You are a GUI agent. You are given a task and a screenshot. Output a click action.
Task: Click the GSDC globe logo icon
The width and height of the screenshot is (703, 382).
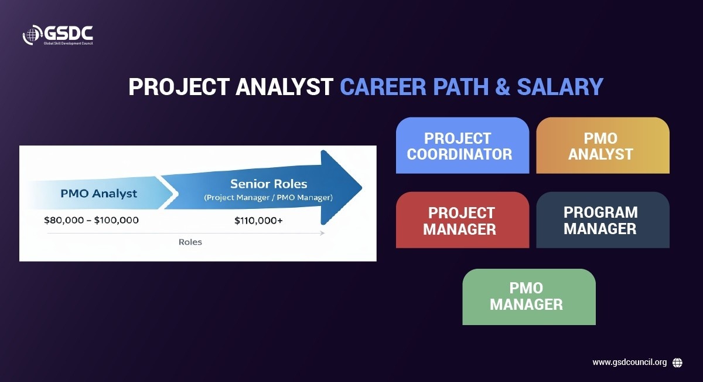click(32, 35)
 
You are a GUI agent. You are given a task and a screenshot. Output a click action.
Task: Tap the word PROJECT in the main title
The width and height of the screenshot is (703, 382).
click(179, 86)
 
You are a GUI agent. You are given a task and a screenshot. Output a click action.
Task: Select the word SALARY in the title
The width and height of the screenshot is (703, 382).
click(560, 86)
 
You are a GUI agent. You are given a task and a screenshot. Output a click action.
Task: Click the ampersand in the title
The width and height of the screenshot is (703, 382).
click(503, 86)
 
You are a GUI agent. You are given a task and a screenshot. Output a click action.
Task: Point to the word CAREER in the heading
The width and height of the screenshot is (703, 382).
click(383, 86)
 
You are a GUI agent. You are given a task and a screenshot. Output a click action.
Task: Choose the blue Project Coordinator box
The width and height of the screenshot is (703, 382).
click(462, 146)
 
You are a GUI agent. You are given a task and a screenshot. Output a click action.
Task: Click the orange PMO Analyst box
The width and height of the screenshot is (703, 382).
click(603, 146)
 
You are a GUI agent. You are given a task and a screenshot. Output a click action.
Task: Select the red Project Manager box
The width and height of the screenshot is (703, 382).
click(462, 220)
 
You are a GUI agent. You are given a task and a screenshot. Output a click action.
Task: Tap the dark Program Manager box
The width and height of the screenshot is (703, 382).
click(603, 220)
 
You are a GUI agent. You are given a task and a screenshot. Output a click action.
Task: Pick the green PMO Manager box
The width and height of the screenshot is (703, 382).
click(529, 297)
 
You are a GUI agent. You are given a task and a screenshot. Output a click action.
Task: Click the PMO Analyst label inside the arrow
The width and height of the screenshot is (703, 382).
click(98, 194)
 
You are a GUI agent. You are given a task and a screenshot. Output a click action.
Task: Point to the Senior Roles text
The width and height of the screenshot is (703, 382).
click(269, 184)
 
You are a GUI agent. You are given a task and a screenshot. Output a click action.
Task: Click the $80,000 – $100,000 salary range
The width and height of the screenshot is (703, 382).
click(91, 220)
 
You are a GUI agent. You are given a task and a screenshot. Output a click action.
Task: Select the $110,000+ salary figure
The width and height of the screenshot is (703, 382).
click(258, 221)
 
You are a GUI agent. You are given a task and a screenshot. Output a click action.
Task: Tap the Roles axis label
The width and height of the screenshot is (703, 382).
click(190, 242)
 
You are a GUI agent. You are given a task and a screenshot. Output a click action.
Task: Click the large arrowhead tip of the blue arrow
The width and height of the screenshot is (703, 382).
click(361, 188)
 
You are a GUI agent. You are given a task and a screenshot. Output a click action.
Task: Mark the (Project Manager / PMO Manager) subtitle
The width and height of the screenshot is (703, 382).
click(268, 198)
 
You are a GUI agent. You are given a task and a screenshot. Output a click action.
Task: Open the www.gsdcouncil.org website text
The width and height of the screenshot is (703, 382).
click(630, 363)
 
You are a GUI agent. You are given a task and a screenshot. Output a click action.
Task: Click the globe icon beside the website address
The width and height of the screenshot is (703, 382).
click(677, 363)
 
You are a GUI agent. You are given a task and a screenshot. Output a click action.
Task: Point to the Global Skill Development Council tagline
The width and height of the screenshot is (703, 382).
click(69, 43)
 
